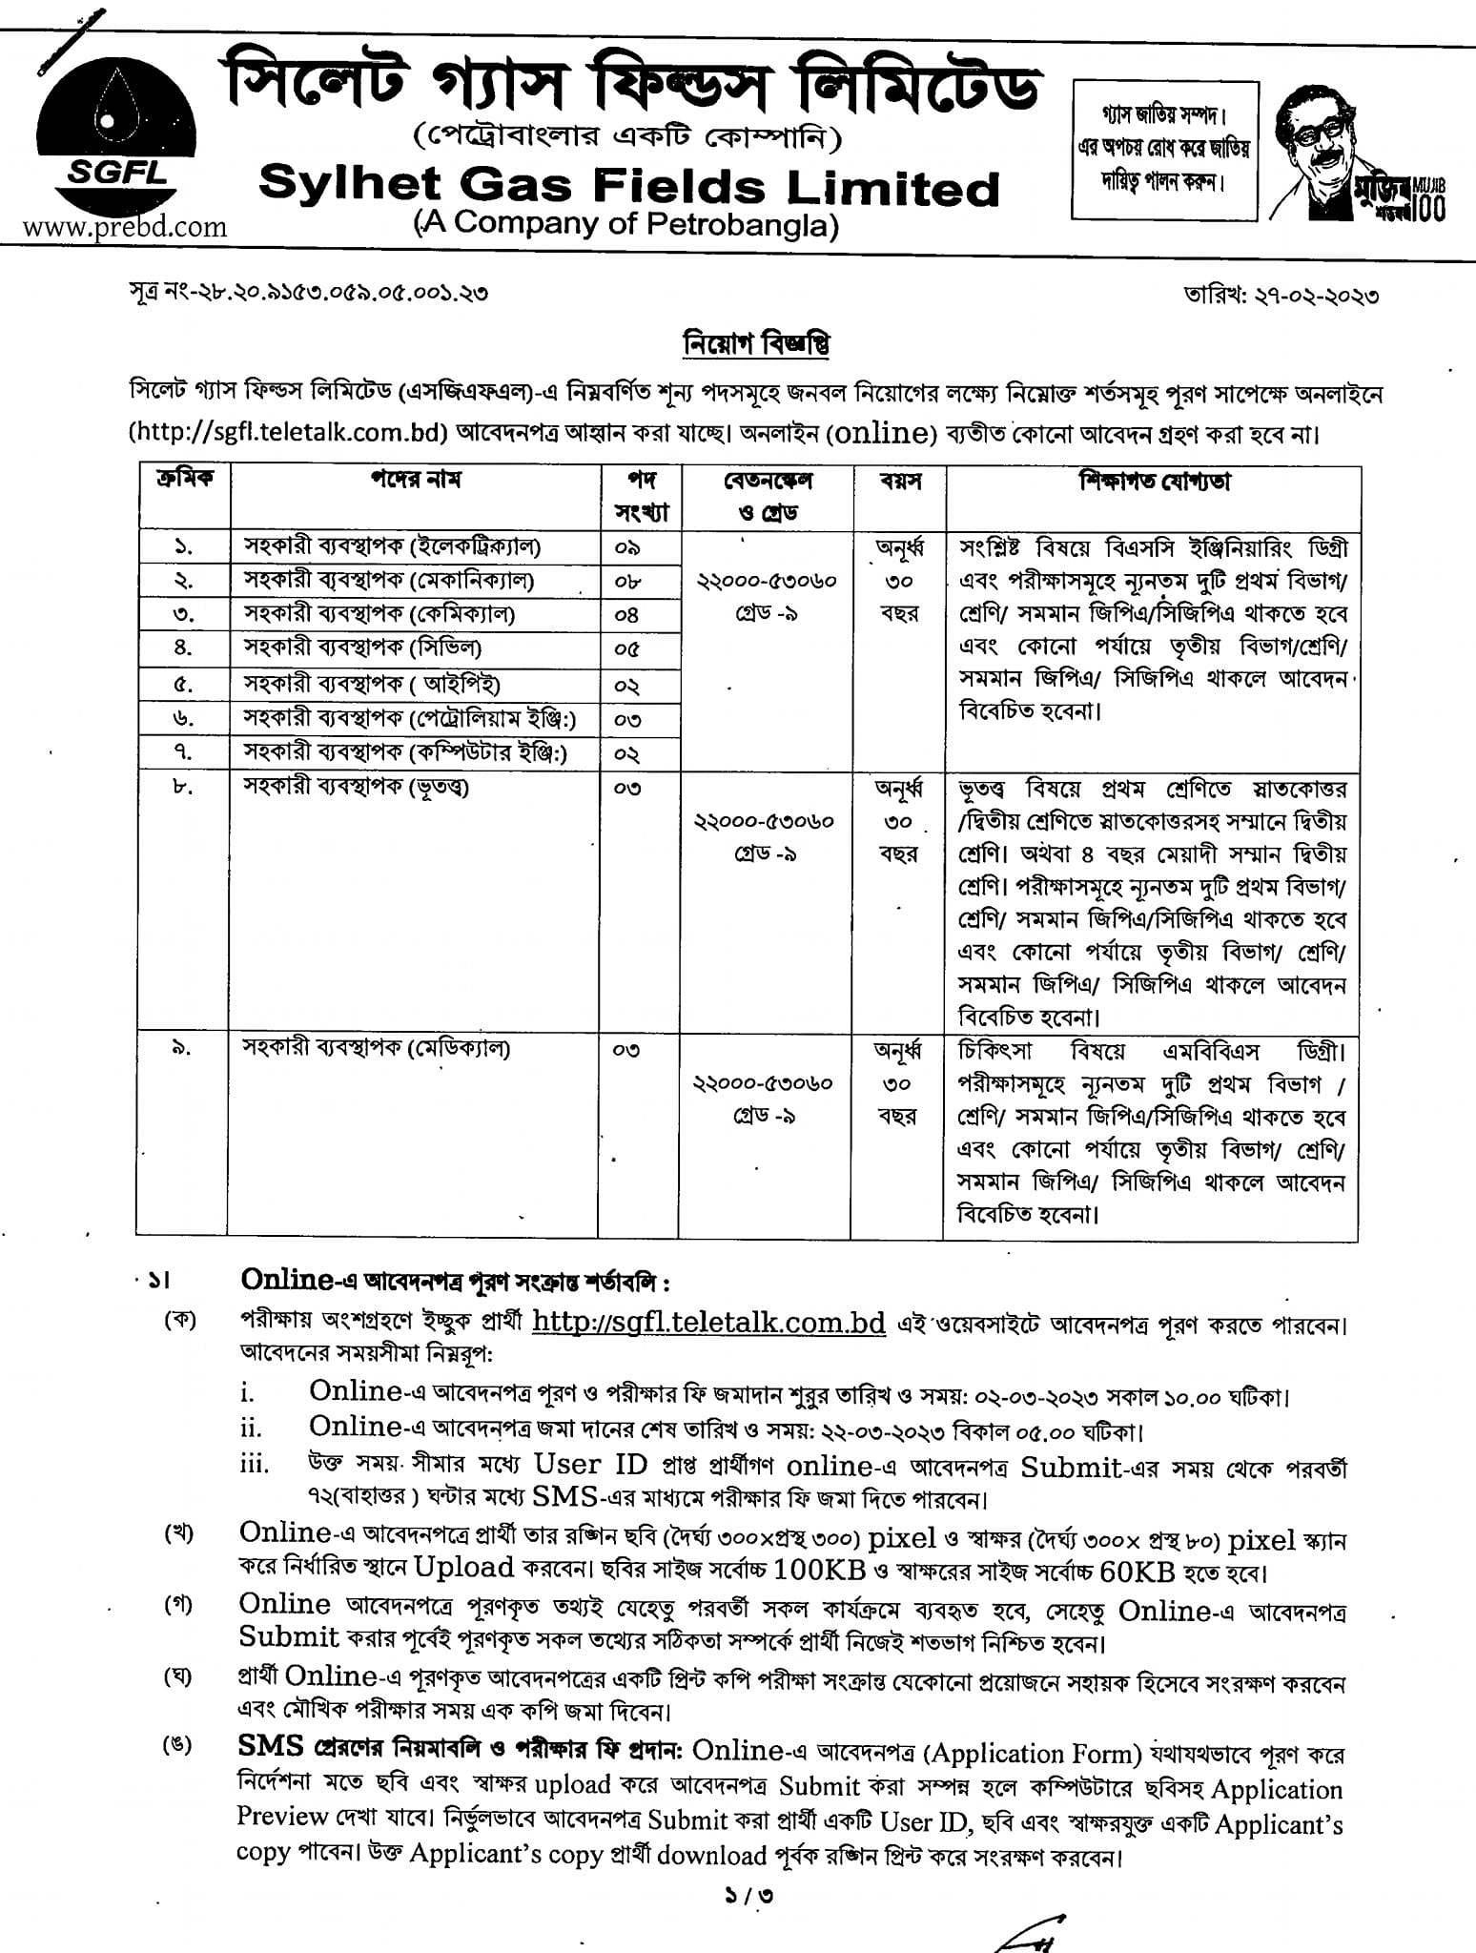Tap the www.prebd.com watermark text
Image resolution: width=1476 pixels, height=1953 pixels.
(x=125, y=227)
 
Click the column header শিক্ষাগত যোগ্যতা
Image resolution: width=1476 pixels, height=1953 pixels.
(x=1154, y=482)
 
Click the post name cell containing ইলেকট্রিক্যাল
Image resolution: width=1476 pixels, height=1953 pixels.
(x=392, y=547)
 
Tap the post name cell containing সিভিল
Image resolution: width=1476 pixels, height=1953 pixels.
(x=362, y=648)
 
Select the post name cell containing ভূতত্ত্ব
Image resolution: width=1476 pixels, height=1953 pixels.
(x=357, y=788)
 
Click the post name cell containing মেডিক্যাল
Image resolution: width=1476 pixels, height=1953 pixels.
(x=377, y=1049)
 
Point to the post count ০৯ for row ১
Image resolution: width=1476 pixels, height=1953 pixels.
(x=627, y=548)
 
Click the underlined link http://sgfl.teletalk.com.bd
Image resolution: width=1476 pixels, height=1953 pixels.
(x=708, y=1324)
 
